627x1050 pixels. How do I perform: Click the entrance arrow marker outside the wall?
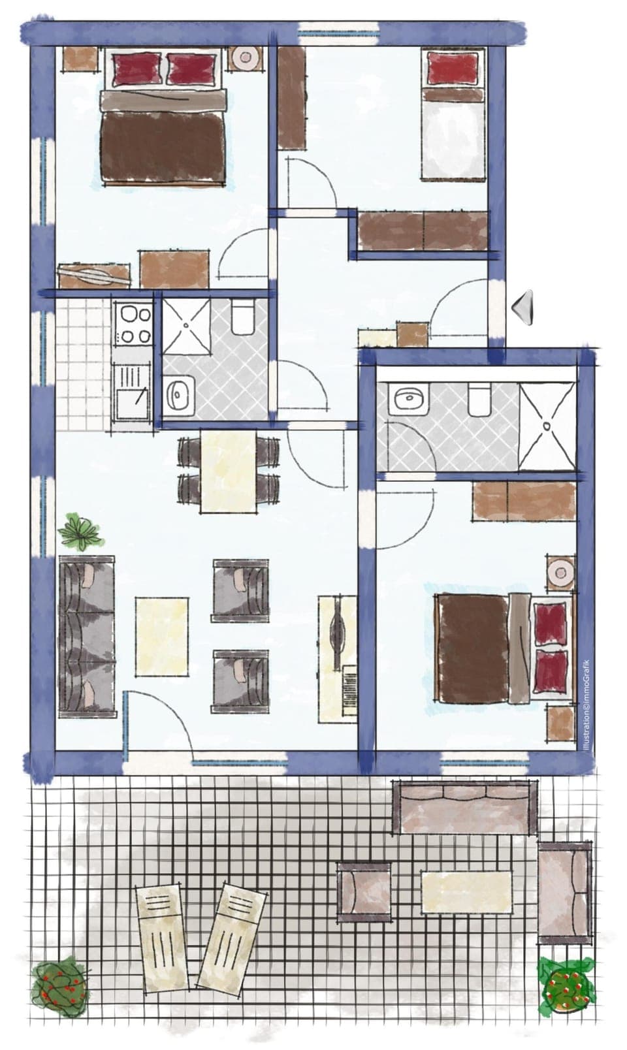pos(524,306)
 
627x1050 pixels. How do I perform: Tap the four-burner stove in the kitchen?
pos(133,325)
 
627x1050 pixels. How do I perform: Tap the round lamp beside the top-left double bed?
pos(246,57)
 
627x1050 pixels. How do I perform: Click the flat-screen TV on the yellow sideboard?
pos(338,632)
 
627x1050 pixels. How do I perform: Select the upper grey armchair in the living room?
pos(240,590)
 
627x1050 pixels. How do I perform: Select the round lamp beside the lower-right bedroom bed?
pos(560,573)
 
